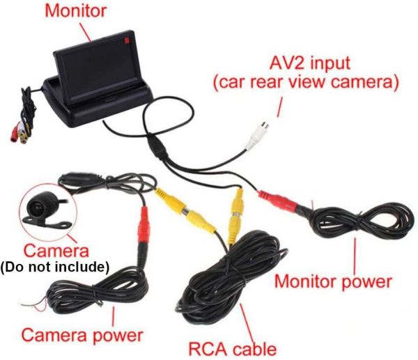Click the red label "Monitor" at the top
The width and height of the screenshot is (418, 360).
(76, 11)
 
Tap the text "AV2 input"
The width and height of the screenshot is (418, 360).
(310, 63)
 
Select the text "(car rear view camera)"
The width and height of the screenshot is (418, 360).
(306, 82)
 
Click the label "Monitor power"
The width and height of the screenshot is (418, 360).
(333, 282)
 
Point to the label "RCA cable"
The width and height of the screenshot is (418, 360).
(233, 349)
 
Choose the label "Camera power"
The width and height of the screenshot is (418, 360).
(82, 335)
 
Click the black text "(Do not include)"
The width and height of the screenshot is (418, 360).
(55, 267)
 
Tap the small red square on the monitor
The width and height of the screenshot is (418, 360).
(126, 40)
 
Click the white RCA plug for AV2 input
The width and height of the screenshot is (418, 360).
(258, 136)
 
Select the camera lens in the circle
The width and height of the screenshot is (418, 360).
(36, 207)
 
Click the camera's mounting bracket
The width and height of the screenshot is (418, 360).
(47, 222)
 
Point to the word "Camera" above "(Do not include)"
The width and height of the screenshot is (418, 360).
(56, 251)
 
